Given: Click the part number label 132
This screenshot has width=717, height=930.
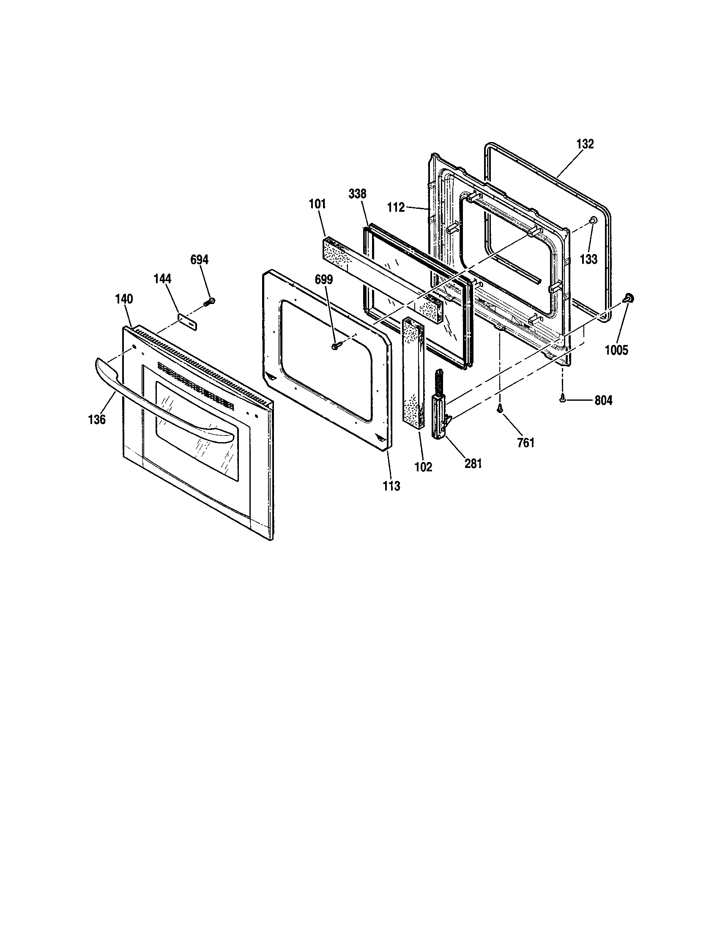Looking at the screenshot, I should pos(585,144).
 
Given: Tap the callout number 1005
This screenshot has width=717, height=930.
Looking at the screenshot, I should pos(616,350).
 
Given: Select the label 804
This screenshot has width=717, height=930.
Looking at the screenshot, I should pos(603,400).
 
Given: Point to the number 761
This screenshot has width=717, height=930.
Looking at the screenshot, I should pos(525,443).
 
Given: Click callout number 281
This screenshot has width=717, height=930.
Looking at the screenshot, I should pos(473,464).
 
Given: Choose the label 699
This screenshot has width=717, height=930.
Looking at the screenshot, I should pos(323,280).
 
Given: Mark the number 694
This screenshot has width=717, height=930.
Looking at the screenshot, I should pos(199,260).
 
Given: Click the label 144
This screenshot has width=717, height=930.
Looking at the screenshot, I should pos(162,279).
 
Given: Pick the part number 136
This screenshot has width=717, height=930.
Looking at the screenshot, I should pos(97,419).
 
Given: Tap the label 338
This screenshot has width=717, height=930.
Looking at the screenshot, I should pos(357,194).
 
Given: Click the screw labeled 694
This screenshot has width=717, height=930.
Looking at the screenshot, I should pos(209,302).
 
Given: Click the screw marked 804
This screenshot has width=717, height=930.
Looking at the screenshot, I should pos(563,399).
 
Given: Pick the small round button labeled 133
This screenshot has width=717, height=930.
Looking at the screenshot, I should pos(592,220).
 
